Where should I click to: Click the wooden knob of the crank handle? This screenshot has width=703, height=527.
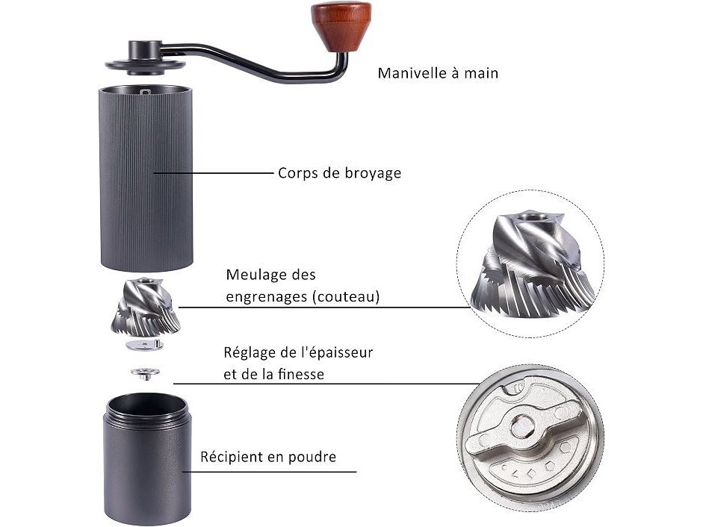tap(341, 26)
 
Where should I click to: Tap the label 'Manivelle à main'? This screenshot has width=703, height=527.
tap(438, 73)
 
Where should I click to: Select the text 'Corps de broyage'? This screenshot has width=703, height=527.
tap(339, 173)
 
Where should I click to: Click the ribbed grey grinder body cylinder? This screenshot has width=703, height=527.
tap(146, 178)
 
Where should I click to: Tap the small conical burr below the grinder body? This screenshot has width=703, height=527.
tap(145, 307)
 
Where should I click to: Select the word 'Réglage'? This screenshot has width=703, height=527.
tap(250, 352)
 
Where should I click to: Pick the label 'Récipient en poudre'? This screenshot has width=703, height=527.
tap(268, 457)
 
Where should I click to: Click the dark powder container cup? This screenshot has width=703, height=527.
tap(147, 458)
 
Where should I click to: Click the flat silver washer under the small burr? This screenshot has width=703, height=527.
tap(145, 345)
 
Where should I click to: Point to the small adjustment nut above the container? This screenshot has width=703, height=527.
tap(145, 372)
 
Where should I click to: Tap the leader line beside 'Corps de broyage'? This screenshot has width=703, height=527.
tap(214, 172)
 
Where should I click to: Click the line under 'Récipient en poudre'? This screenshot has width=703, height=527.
tap(270, 472)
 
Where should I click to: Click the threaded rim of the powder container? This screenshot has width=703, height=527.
tap(147, 410)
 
